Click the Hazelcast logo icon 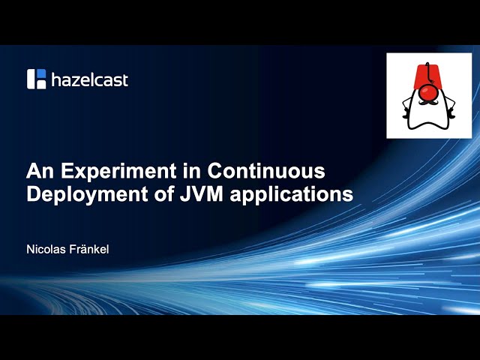(x=37, y=79)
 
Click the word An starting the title (x=38, y=170)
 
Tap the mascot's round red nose (x=429, y=94)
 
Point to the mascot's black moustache (x=429, y=106)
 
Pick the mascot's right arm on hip (x=451, y=112)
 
